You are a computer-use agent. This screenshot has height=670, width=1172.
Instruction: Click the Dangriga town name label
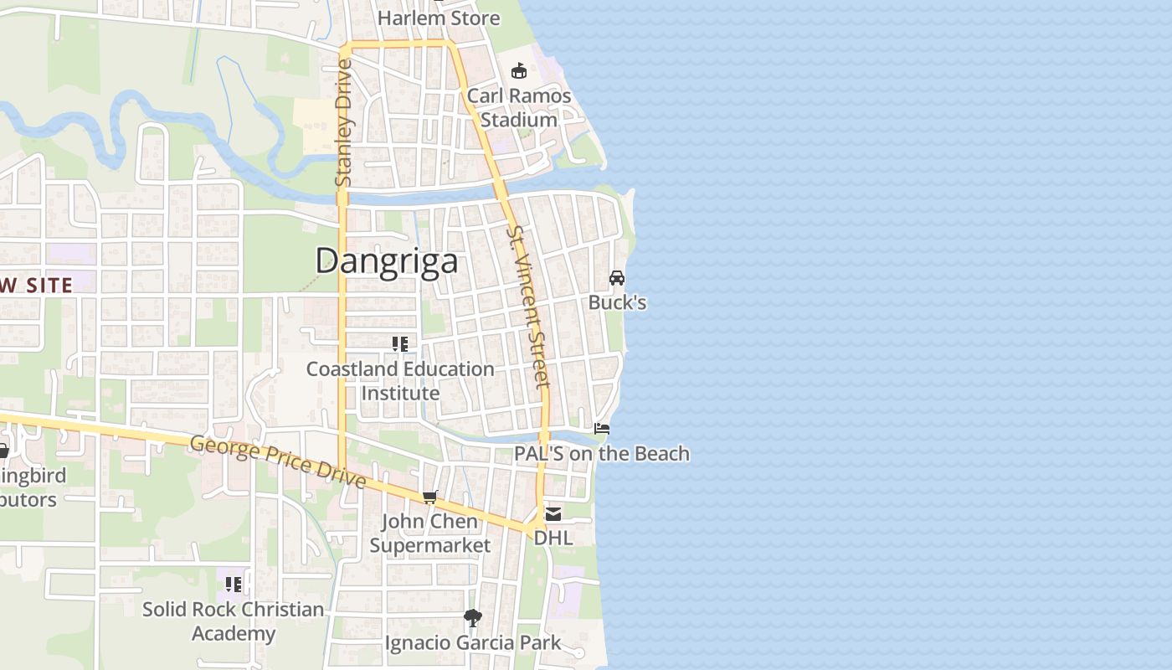point(387,260)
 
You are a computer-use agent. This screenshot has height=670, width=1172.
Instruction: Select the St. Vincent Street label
point(529,307)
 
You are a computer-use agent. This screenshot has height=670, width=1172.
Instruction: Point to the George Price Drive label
point(278,461)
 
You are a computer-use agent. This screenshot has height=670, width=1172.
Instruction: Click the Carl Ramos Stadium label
point(519,108)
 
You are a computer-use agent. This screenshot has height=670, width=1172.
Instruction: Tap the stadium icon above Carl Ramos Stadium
point(519,70)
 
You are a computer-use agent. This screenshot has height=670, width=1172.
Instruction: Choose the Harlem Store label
point(439,18)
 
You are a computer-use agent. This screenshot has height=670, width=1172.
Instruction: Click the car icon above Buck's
point(617,277)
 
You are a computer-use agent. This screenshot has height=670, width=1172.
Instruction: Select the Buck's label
point(617,302)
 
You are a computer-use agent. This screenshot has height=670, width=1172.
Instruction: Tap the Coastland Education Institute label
point(400,381)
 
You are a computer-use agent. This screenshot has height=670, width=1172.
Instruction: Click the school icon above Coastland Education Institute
point(400,343)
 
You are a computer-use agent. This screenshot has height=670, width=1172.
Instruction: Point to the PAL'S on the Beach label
point(603,454)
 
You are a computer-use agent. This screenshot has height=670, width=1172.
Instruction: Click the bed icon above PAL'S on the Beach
point(602,429)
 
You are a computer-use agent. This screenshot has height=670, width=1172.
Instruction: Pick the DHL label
point(553,538)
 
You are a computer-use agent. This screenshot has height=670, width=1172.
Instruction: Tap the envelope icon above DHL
point(553,513)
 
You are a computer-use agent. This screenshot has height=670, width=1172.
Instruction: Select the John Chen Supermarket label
point(430,533)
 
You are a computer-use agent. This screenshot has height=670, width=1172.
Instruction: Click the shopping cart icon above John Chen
point(430,497)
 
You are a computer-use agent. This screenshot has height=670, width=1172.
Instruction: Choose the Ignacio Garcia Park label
point(473,643)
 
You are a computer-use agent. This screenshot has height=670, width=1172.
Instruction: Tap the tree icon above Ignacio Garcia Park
point(473,618)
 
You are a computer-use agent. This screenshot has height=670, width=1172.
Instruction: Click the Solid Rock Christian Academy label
point(233,621)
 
